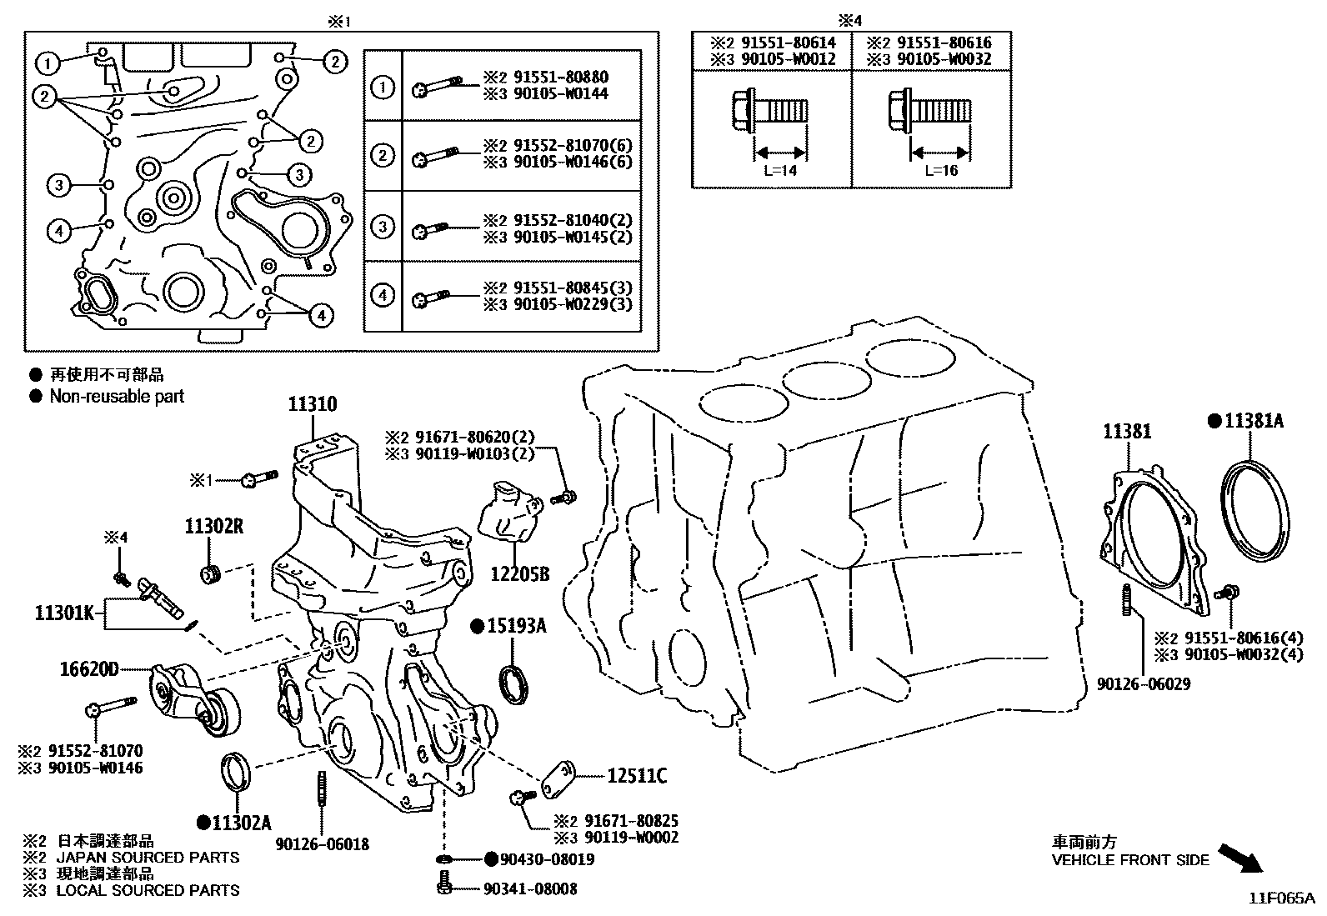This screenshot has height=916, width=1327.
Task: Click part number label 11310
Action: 313,405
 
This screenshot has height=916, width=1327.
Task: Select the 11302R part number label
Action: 214,526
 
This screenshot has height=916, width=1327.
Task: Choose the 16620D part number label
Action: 89,668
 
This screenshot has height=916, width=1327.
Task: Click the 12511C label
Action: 637,777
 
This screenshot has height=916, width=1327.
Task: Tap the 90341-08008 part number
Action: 530,889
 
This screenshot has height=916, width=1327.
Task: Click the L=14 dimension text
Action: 779,171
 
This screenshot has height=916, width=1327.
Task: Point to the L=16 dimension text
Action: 941,171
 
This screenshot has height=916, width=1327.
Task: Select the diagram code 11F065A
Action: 1280,898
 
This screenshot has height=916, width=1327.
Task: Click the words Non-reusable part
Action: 117,397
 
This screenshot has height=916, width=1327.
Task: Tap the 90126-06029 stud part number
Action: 1143,684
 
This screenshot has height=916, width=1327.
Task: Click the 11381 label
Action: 1127,432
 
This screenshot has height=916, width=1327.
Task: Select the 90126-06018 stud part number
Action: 322,844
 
